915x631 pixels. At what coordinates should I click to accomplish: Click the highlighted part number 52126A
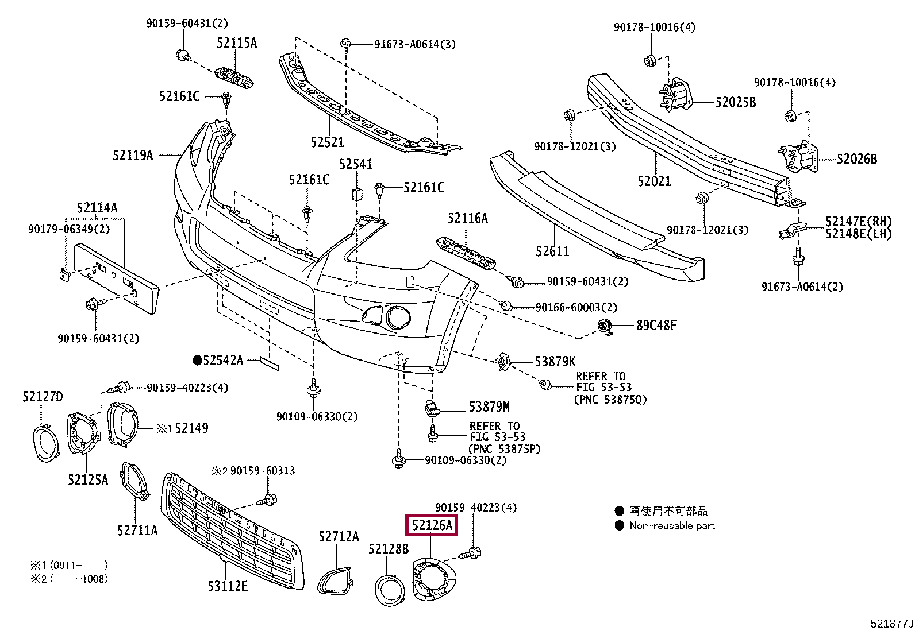click(432, 525)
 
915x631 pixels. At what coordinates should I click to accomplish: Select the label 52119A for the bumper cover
click(133, 155)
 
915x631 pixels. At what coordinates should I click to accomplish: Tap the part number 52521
click(327, 142)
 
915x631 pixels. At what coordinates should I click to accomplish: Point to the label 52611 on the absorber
click(552, 251)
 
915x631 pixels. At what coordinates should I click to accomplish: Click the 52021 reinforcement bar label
click(654, 181)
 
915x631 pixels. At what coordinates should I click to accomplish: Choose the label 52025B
click(735, 102)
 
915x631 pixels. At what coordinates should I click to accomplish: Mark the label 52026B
click(856, 159)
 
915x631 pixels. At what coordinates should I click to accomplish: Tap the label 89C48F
click(656, 326)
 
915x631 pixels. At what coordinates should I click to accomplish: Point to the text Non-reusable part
click(671, 526)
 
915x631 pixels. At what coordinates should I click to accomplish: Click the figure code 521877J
click(891, 624)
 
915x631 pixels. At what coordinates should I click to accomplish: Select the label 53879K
click(555, 361)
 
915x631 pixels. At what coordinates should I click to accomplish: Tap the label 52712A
click(339, 537)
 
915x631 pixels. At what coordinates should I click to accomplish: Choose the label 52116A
click(467, 218)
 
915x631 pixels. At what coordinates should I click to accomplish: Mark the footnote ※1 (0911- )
click(69, 565)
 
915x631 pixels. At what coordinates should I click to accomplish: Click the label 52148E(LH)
click(858, 234)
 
